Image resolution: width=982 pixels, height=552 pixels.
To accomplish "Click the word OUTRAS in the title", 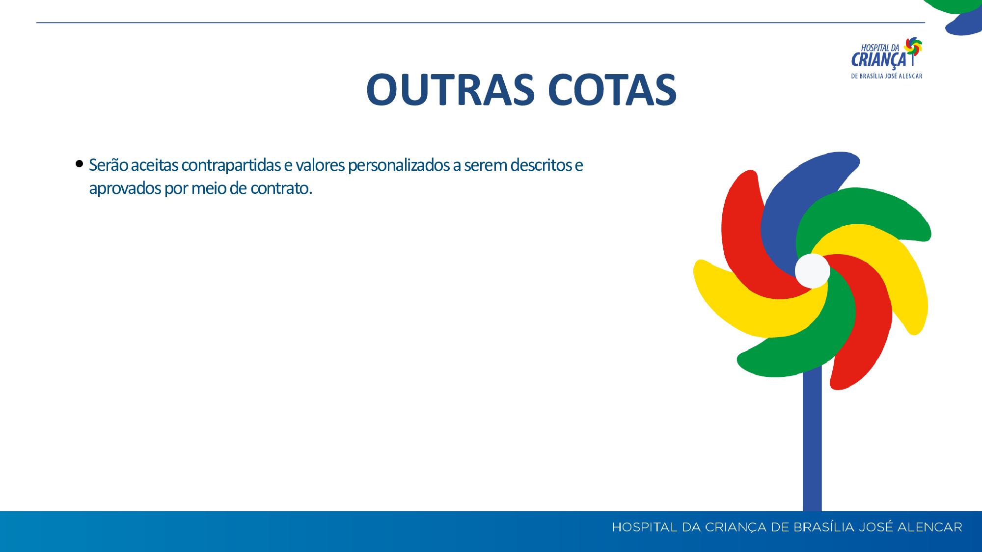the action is click(450, 90).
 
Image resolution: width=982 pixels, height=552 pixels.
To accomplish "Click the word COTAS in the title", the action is click(612, 90).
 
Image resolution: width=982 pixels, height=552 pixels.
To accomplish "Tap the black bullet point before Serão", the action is click(80, 164).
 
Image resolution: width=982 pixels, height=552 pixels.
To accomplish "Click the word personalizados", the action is click(399, 165).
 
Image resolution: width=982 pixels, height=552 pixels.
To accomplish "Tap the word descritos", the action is click(541, 165).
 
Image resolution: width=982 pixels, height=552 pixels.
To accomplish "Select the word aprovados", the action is click(125, 188).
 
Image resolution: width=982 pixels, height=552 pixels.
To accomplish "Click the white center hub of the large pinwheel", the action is click(812, 271).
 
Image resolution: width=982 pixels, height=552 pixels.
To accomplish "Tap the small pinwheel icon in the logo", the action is click(913, 47).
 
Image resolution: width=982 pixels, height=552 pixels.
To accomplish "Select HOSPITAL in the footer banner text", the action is click(645, 527).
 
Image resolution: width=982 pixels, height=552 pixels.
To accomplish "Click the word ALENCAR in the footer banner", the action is click(930, 527).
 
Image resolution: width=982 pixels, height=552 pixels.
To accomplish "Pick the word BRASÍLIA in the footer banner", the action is click(824, 527).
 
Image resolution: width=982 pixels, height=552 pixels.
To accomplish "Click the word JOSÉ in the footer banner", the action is click(876, 527).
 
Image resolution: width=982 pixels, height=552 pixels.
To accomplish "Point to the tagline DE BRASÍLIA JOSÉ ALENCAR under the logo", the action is click(887, 76).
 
